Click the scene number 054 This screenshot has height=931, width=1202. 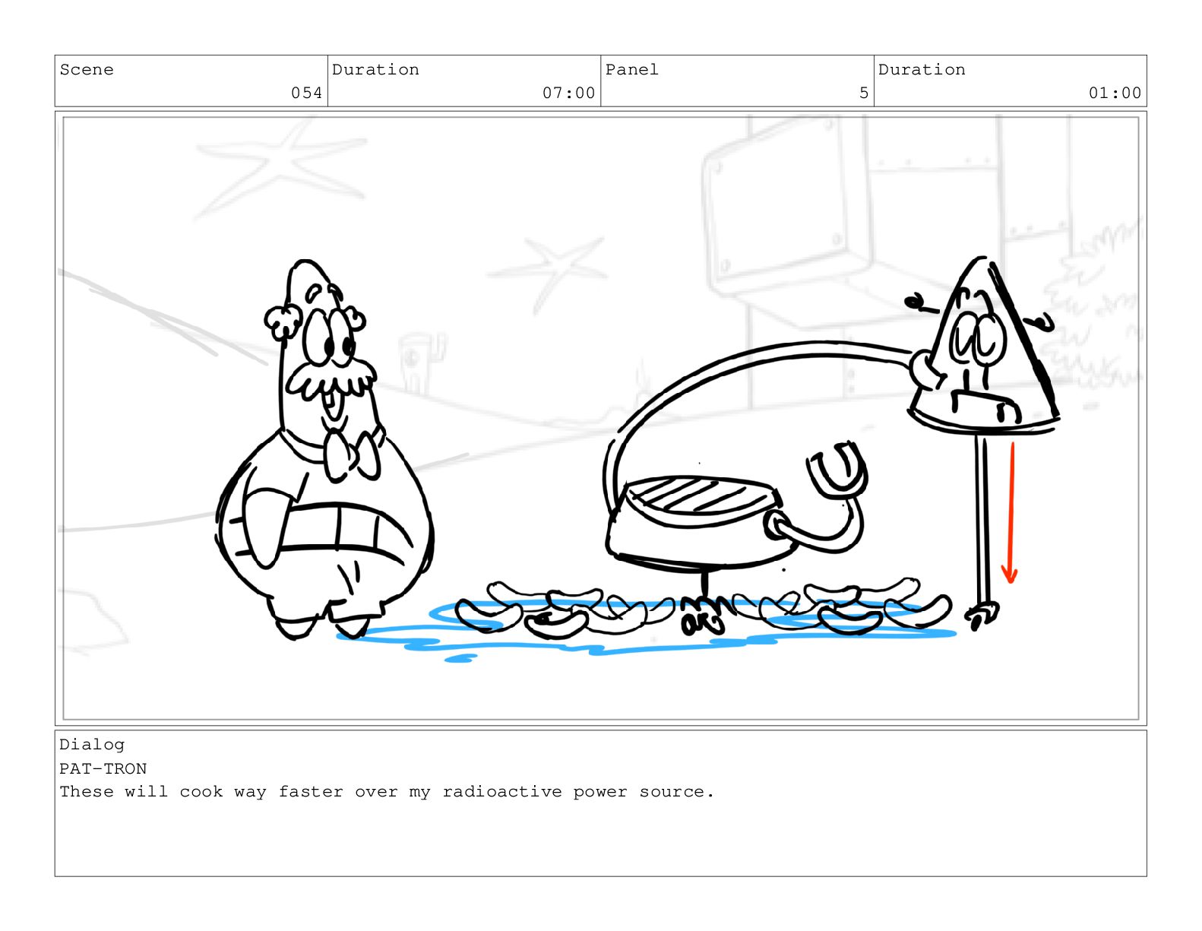tap(306, 93)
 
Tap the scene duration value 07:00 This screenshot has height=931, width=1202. tap(568, 93)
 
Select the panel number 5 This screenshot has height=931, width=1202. tap(863, 93)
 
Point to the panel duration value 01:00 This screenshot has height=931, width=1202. tap(1115, 93)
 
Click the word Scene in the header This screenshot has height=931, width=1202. tap(87, 70)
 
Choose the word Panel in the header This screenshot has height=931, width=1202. tap(631, 70)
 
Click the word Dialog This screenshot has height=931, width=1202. tap(92, 745)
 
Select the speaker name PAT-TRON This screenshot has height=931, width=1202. tap(103, 769)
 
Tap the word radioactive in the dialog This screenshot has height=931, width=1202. tap(501, 792)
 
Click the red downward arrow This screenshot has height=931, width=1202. tap(1011, 512)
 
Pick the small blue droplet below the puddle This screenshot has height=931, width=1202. tap(460, 658)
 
